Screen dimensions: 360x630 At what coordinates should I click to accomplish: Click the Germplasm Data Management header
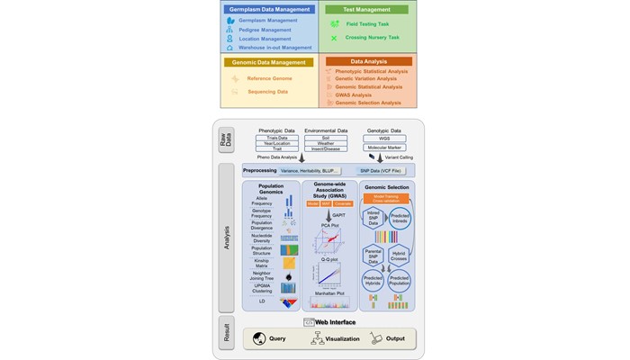tap(268, 9)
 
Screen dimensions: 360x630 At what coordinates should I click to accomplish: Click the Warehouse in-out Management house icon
tap(230, 48)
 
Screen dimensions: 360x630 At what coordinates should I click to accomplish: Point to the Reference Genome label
tap(270, 78)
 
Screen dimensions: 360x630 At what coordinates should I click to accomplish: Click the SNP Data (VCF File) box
tap(382, 171)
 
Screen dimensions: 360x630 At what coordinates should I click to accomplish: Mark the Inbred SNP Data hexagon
tap(373, 219)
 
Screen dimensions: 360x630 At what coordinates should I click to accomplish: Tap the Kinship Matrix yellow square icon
tap(289, 264)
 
